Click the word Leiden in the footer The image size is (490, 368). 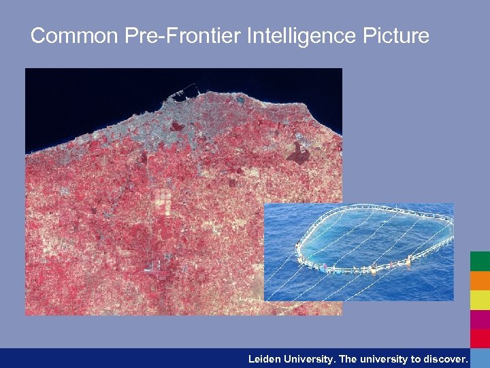[264, 358]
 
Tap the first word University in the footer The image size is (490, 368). [306, 358]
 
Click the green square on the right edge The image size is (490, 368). [480, 262]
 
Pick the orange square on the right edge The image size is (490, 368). [480, 281]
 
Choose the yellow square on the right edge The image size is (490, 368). [480, 300]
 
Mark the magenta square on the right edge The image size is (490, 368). [480, 320]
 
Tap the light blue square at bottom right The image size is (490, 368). [480, 358]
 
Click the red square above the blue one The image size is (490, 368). [480, 339]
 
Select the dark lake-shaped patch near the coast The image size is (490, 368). [297, 151]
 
